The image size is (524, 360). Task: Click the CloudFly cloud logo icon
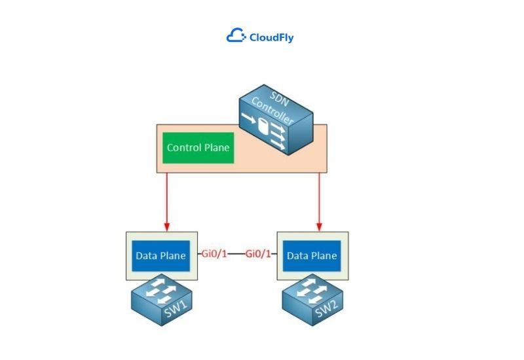click(x=236, y=37)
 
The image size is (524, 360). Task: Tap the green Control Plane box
click(x=198, y=147)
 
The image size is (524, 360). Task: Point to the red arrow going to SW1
click(x=167, y=200)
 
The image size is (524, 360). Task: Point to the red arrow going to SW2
click(x=319, y=200)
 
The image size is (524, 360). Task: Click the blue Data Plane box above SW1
click(x=160, y=255)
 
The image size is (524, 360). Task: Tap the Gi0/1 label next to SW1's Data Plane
click(x=214, y=254)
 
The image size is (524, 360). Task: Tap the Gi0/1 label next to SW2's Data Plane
click(x=258, y=254)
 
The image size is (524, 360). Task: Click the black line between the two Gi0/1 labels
click(x=236, y=254)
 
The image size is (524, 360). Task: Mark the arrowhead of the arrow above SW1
click(x=167, y=226)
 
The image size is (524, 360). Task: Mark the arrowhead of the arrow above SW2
click(x=319, y=226)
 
